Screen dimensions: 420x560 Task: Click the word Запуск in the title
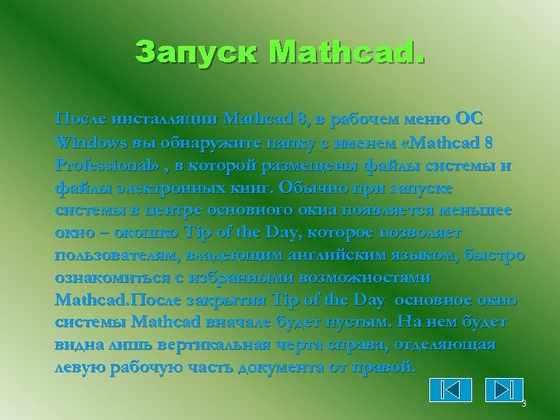point(197,53)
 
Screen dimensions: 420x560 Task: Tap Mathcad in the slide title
point(346,53)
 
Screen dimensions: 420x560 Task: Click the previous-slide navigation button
point(450,389)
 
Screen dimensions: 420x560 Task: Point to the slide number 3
point(523,404)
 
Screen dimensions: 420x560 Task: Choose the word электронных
point(163,188)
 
